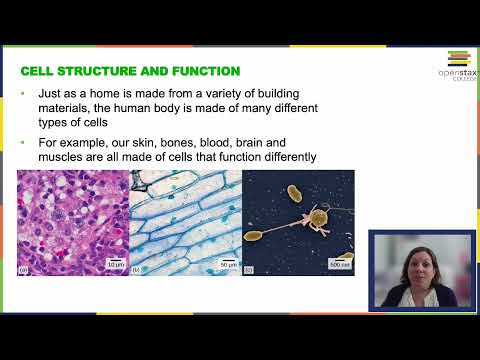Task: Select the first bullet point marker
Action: tap(23, 94)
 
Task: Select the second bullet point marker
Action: tap(23, 143)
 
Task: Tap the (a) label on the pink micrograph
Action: tap(24, 269)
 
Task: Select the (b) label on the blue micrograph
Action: tap(136, 269)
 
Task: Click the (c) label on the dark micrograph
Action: tap(249, 269)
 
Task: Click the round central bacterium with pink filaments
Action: tap(318, 215)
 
